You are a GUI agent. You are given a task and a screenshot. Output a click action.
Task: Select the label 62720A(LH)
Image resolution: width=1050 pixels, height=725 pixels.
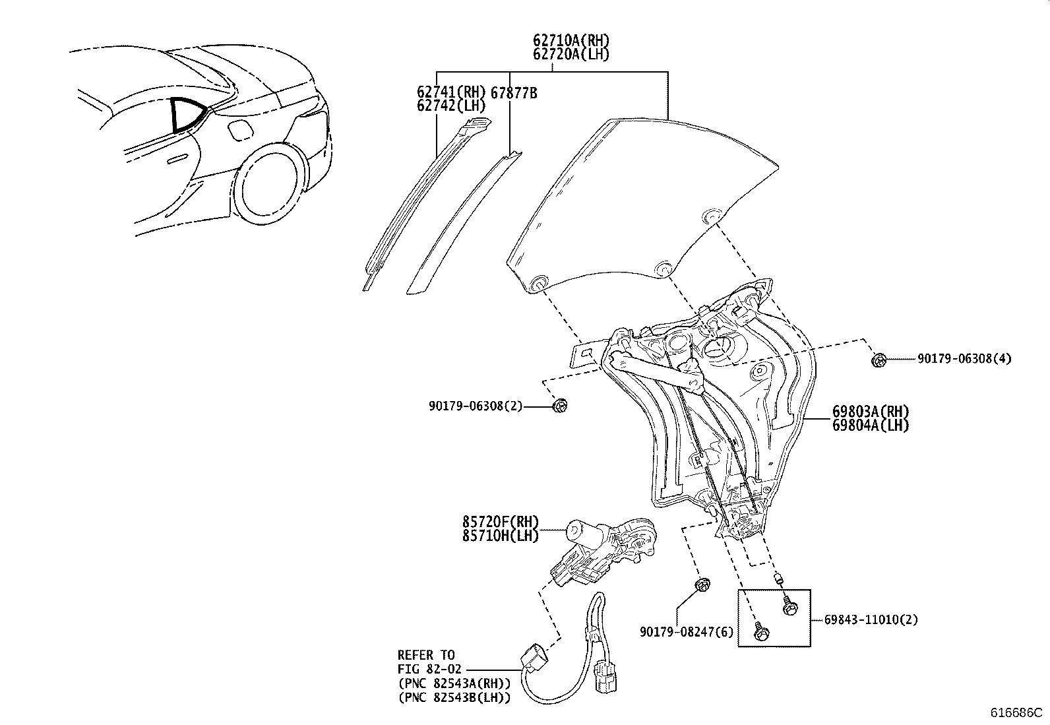[571, 54]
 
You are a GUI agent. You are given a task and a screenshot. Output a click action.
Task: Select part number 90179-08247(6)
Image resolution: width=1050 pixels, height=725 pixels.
[686, 631]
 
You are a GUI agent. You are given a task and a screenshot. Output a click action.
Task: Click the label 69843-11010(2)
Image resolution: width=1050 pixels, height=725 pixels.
[871, 619]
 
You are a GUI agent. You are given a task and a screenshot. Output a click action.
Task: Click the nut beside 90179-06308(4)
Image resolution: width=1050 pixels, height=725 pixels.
[878, 360]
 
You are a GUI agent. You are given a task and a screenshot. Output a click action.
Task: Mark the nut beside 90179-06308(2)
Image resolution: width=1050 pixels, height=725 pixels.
[560, 406]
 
